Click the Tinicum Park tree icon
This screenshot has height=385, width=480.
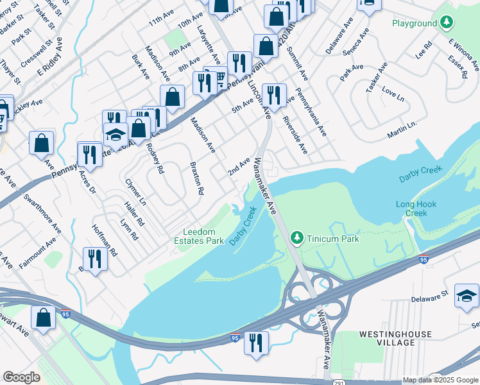tap(296, 238)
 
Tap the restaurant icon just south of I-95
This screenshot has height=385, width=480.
tap(256, 341)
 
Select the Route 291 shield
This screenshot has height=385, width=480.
tap(436, 380)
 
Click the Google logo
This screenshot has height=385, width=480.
tap(21, 377)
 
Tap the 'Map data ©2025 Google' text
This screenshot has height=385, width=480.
tap(440, 380)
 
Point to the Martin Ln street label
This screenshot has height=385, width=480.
tap(402, 128)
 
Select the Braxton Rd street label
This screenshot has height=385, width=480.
tap(196, 178)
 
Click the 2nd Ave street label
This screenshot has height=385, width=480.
tap(238, 167)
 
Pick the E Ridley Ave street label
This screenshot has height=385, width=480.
tap(49, 53)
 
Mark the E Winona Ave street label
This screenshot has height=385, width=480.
tap(463, 55)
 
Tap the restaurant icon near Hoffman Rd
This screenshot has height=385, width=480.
tap(95, 259)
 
